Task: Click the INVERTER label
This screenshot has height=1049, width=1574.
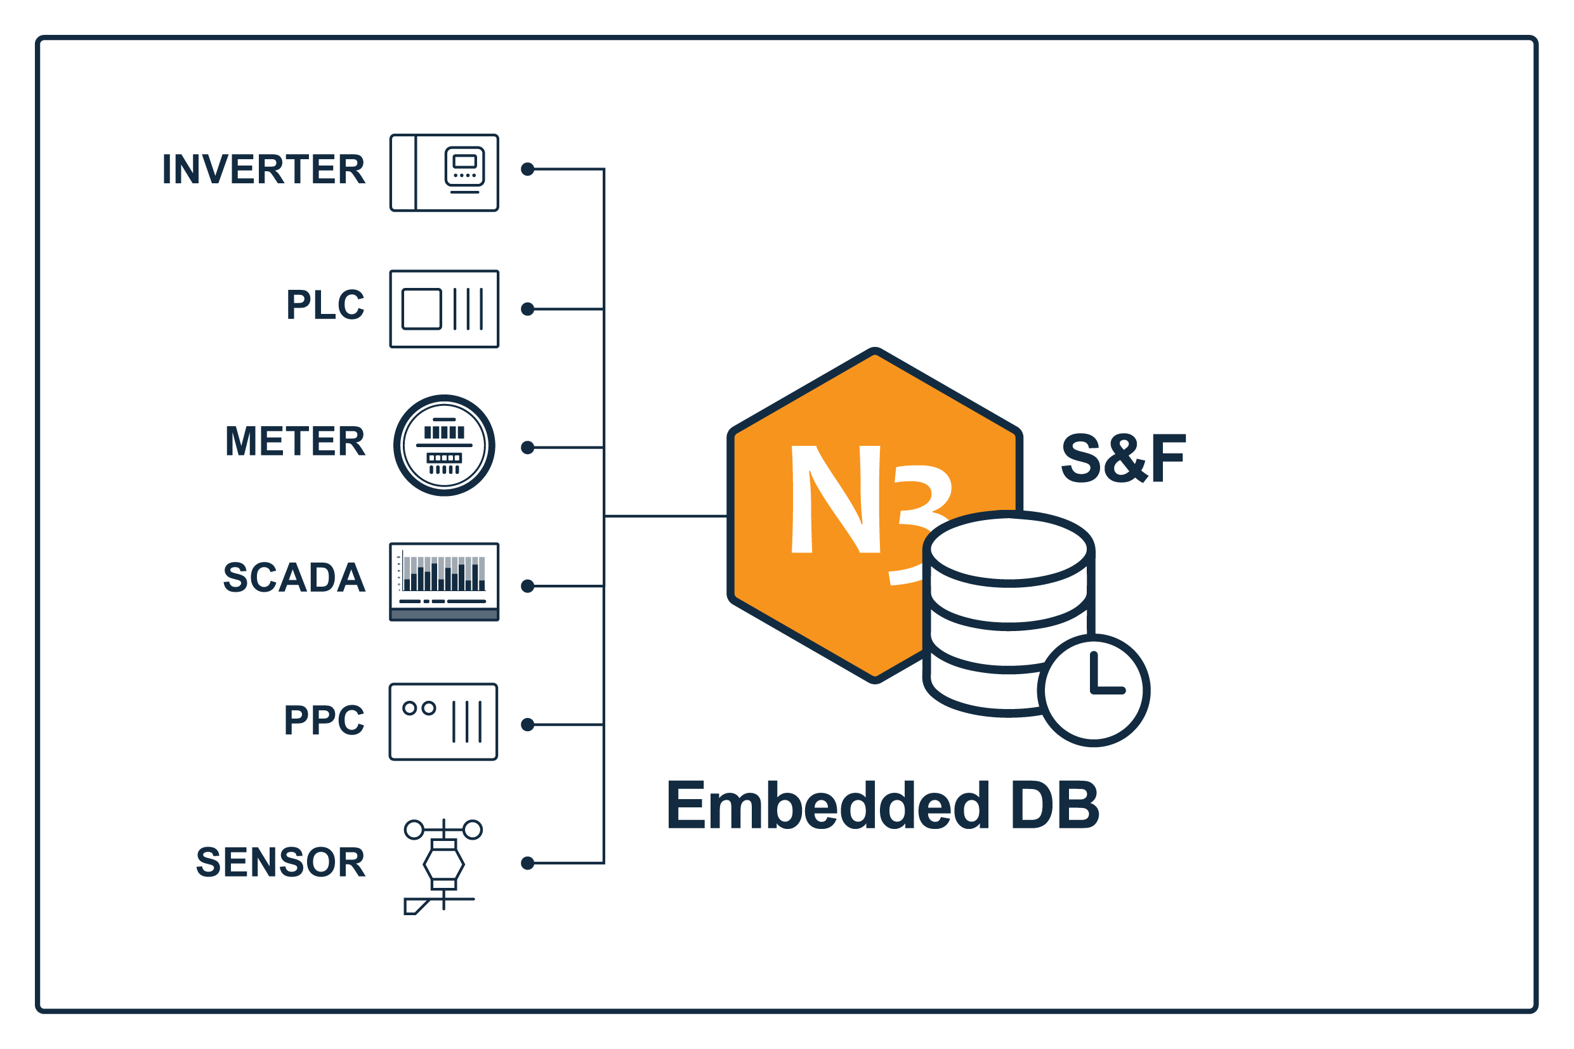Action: [264, 169]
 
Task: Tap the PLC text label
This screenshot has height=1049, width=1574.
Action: [325, 305]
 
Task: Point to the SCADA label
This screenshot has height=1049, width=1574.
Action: [294, 578]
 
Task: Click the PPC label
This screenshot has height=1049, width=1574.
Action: [325, 720]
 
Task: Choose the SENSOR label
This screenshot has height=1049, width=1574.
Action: [281, 863]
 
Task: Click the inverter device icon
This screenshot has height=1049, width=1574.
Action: [444, 173]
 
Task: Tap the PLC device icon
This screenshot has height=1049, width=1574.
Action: [444, 309]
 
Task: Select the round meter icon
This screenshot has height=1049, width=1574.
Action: [444, 446]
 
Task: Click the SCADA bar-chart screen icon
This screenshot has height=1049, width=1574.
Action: [444, 582]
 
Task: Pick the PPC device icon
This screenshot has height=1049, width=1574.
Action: [443, 722]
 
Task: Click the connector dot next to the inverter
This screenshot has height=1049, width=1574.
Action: [528, 169]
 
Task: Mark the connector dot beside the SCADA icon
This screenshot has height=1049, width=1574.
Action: [528, 586]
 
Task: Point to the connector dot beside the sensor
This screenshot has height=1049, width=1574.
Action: [528, 864]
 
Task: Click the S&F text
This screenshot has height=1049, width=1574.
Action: [1124, 459]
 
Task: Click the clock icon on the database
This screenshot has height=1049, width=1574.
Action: [1094, 691]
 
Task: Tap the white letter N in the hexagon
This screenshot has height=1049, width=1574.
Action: [836, 499]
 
